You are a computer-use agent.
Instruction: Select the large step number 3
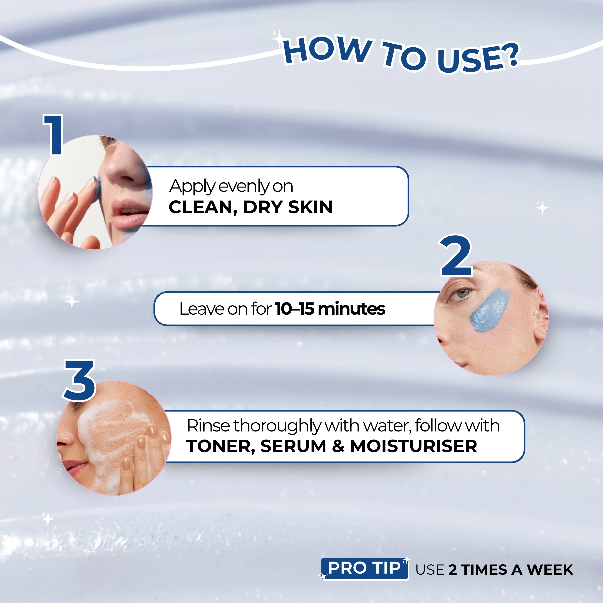[79, 380]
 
